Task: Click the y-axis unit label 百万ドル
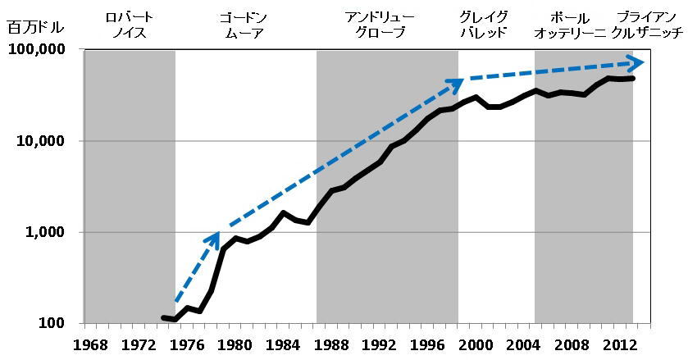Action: pos(29,27)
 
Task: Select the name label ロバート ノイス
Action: pos(129,25)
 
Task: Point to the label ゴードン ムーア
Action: pos(244,25)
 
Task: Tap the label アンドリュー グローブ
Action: pos(382,25)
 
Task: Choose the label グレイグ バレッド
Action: pos(483,25)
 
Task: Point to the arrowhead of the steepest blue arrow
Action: pos(214,237)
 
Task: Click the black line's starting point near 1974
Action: pos(164,317)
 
